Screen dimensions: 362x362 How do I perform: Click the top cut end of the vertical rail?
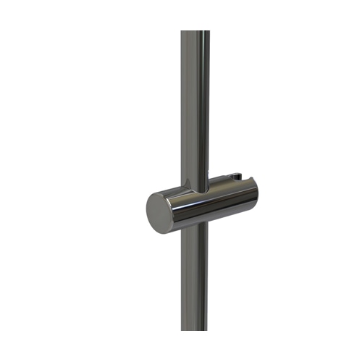pyautogui.click(x=195, y=32)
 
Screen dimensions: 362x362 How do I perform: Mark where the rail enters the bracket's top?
pyautogui.click(x=195, y=185)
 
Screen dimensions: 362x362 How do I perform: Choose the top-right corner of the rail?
pyautogui.click(x=210, y=31)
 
